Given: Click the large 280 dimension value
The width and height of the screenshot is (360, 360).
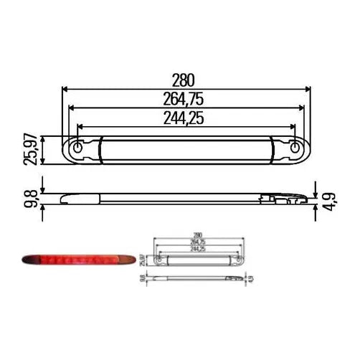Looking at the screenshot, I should [x=186, y=81].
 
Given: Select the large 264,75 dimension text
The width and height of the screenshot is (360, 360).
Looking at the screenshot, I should [x=186, y=100].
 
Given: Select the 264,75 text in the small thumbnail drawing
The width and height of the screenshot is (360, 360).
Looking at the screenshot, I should [x=197, y=242].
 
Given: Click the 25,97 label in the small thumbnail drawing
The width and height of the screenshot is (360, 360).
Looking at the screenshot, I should [x=142, y=258].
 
